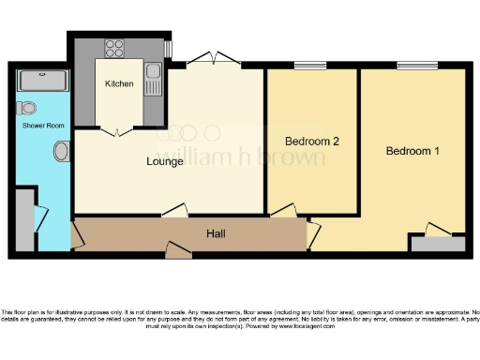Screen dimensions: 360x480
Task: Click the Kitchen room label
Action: (x=119, y=84)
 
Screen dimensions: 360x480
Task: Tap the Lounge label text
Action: (x=165, y=161)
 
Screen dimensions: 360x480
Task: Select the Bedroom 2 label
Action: (x=311, y=142)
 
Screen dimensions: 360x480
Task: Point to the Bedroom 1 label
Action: (x=412, y=151)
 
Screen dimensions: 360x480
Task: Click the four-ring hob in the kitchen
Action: (x=115, y=48)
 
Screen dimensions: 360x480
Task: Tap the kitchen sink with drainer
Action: (x=154, y=79)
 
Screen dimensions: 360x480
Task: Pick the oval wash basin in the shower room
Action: (x=62, y=150)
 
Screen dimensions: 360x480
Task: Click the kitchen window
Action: (x=169, y=48)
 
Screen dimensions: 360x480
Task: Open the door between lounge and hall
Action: (x=173, y=212)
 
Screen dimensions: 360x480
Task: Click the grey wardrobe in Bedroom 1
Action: (x=438, y=243)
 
